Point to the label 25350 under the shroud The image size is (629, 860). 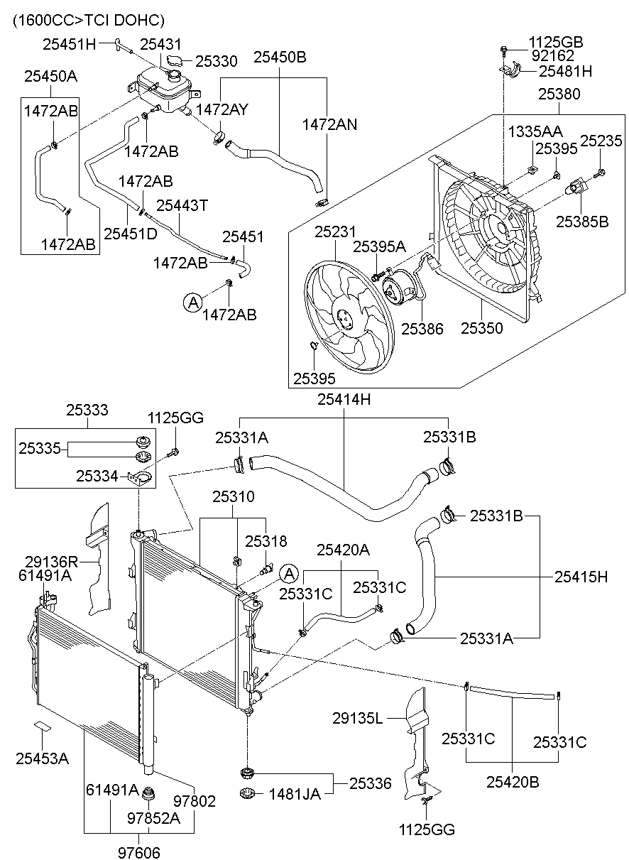pyautogui.click(x=482, y=329)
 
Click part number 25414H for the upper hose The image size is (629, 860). pyautogui.click(x=344, y=400)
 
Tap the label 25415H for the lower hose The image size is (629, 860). pyautogui.click(x=581, y=577)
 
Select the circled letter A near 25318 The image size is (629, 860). pyautogui.click(x=288, y=573)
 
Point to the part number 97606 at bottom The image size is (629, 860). pyautogui.click(x=140, y=851)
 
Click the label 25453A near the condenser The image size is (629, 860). pyautogui.click(x=42, y=758)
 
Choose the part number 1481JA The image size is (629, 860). pyautogui.click(x=295, y=794)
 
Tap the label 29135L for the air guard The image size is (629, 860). pyautogui.click(x=358, y=719)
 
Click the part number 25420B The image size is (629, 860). pyautogui.click(x=513, y=782)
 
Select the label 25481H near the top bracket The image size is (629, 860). pyautogui.click(x=565, y=71)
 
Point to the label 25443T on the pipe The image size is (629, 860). pyautogui.click(x=182, y=205)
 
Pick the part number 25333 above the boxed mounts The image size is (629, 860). pyautogui.click(x=87, y=410)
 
